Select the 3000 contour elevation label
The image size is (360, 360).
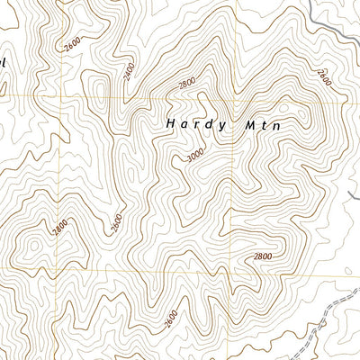pos(195,155)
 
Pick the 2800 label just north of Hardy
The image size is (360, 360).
pos(187,84)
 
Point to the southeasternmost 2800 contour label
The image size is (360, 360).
pos(262,257)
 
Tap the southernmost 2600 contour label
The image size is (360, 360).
pos(172,319)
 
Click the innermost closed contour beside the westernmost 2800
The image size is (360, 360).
pos(36,243)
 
